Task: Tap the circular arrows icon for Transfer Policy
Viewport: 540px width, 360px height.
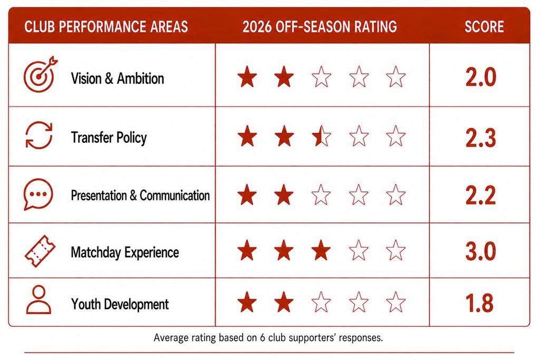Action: pos(39,135)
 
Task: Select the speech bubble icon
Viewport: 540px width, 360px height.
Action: pos(38,194)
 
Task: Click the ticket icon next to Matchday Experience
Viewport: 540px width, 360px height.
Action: pos(40,251)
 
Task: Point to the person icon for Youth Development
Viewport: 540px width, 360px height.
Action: pos(38,300)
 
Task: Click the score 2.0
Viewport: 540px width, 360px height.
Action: pos(481,77)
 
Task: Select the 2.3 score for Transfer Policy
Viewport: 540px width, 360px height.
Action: pos(481,138)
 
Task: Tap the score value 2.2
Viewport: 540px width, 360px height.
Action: pos(481,196)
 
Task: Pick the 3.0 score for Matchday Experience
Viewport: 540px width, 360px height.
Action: pos(481,251)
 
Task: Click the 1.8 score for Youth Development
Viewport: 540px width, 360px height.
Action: pos(479,303)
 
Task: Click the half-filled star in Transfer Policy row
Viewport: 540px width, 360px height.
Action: pos(321,136)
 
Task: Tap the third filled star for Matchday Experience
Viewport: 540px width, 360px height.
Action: pos(321,250)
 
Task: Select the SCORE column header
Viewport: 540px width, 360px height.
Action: pos(484,27)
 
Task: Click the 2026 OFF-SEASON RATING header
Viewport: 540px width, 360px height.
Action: pos(320,27)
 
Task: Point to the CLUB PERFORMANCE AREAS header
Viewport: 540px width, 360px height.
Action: pos(106,27)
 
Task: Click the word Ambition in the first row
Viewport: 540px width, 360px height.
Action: pos(140,79)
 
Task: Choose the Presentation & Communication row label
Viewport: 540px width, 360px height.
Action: pos(140,196)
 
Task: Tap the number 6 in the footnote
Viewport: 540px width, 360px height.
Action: pos(263,338)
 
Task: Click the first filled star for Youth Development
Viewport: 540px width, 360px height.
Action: pos(247,302)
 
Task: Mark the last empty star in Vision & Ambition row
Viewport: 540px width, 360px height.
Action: pos(396,76)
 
